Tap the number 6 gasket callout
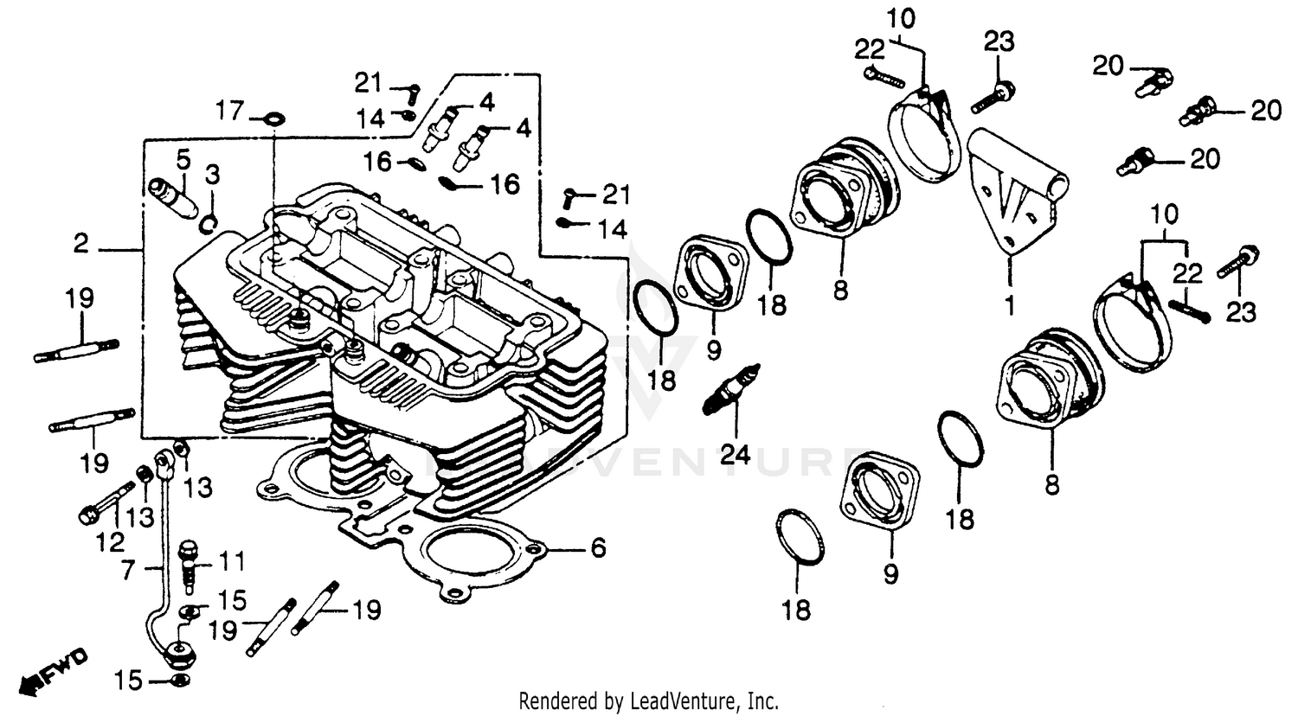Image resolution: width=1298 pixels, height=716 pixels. (x=599, y=548)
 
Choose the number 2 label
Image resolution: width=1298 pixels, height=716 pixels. (x=80, y=245)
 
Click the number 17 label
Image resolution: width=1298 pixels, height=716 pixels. (x=230, y=111)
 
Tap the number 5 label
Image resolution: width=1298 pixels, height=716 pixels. (x=183, y=159)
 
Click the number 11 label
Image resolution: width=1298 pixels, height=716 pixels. (x=232, y=563)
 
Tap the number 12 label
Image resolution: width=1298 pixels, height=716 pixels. (x=110, y=542)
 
